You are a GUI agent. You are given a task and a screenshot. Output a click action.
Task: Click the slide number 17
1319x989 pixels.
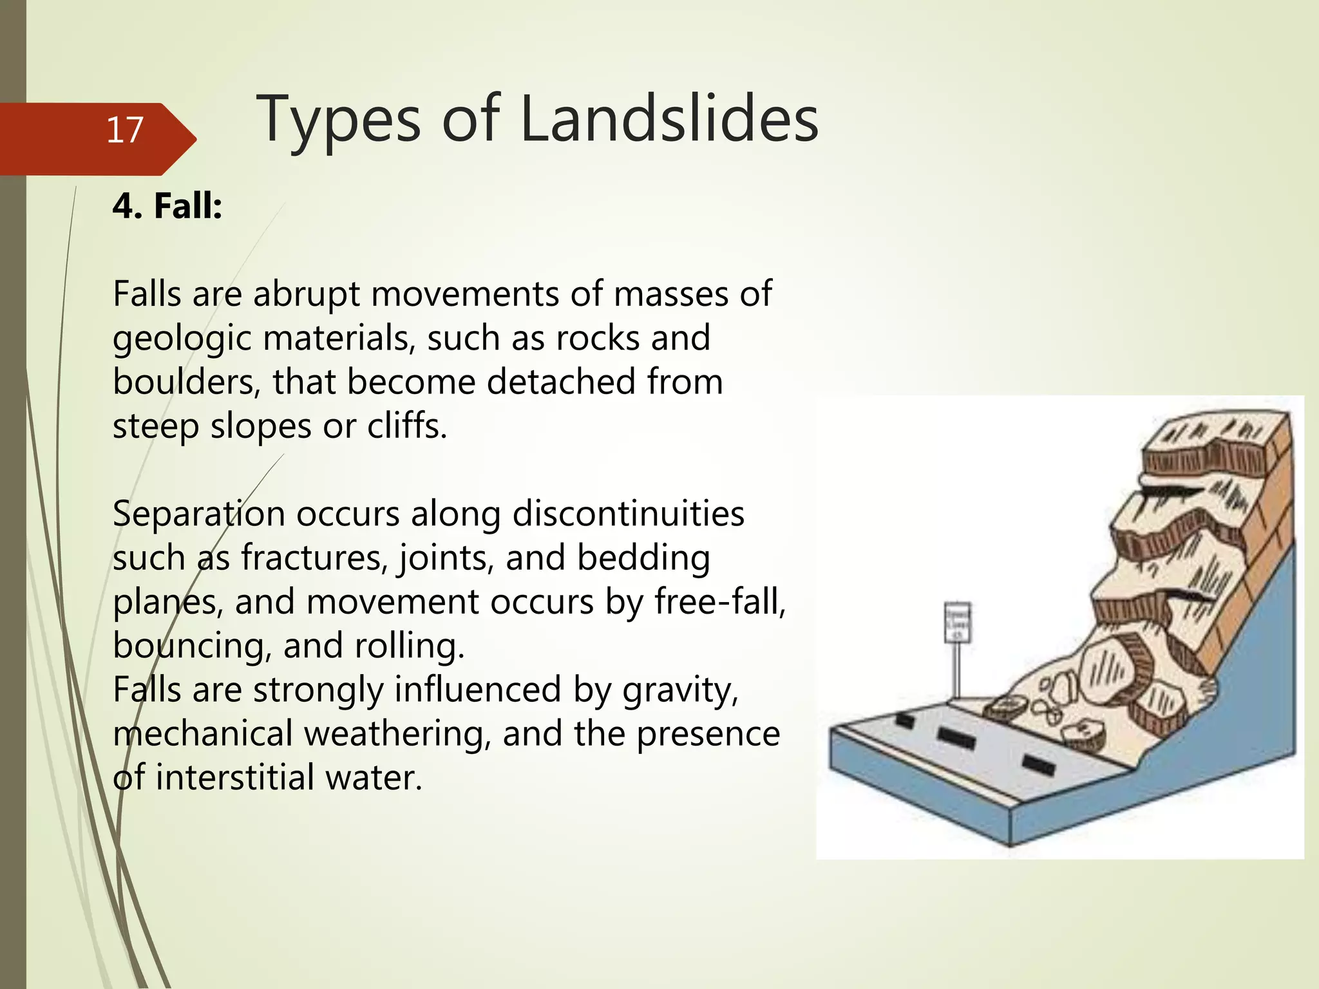(124, 131)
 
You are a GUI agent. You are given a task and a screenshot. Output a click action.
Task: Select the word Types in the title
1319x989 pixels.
(339, 119)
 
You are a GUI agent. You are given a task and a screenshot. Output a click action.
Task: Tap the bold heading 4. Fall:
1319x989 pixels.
(167, 207)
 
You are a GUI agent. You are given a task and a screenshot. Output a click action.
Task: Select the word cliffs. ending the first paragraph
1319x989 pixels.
(407, 426)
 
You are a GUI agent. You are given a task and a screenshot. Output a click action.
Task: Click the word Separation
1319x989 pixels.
(198, 514)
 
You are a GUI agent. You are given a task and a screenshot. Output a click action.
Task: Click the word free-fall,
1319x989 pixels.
(720, 602)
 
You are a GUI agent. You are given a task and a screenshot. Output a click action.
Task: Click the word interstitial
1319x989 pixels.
(234, 778)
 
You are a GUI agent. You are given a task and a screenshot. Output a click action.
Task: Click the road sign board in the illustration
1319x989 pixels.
(958, 623)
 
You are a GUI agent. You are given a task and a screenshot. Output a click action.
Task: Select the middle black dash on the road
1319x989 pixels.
(956, 738)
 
